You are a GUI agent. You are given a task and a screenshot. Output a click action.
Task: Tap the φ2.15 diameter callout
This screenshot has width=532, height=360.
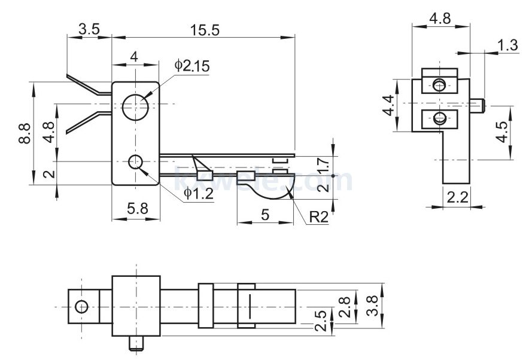pos(193,66)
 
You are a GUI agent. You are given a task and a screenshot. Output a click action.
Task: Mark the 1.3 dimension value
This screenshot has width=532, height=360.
pos(507,44)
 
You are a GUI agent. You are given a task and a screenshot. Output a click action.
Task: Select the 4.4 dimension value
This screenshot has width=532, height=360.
pos(389,105)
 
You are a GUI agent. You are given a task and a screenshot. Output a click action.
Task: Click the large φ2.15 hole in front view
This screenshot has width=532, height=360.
pos(136,107)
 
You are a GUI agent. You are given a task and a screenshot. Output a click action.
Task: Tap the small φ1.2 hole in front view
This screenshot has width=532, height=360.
pos(136,161)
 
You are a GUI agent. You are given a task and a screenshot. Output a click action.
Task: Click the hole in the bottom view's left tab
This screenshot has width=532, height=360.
pos(81,307)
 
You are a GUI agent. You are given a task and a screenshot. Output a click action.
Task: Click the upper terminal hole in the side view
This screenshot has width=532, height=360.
pos(440,86)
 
